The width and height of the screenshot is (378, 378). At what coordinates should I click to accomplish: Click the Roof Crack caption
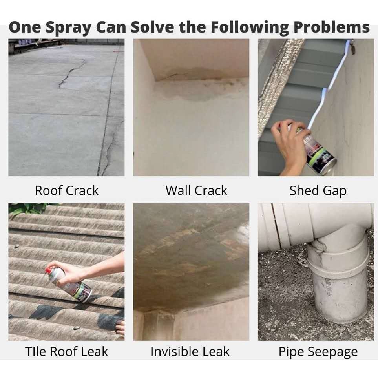[x=67, y=190]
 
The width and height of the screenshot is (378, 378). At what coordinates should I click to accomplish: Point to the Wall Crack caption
[x=196, y=190]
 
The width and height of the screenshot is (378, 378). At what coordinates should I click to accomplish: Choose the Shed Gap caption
[x=318, y=191]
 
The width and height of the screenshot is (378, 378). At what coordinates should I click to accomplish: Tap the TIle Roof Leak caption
[x=67, y=351]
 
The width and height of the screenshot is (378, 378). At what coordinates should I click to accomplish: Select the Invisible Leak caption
[x=190, y=351]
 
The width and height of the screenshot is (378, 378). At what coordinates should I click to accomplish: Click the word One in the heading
[x=25, y=27]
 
